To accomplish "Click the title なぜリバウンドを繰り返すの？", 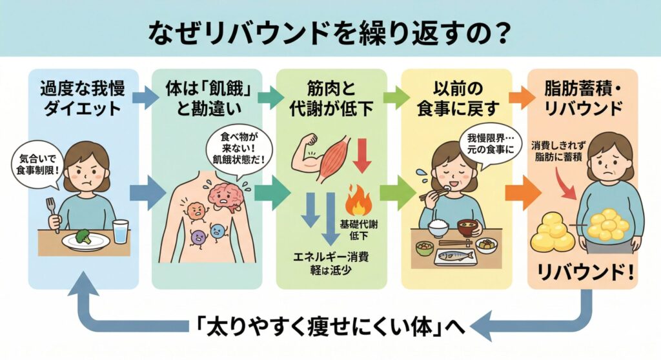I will pos(330,31).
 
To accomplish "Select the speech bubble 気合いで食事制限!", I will pos(33,164).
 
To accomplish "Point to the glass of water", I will pos(121,230).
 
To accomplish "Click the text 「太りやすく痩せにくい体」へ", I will pos(330,326).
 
